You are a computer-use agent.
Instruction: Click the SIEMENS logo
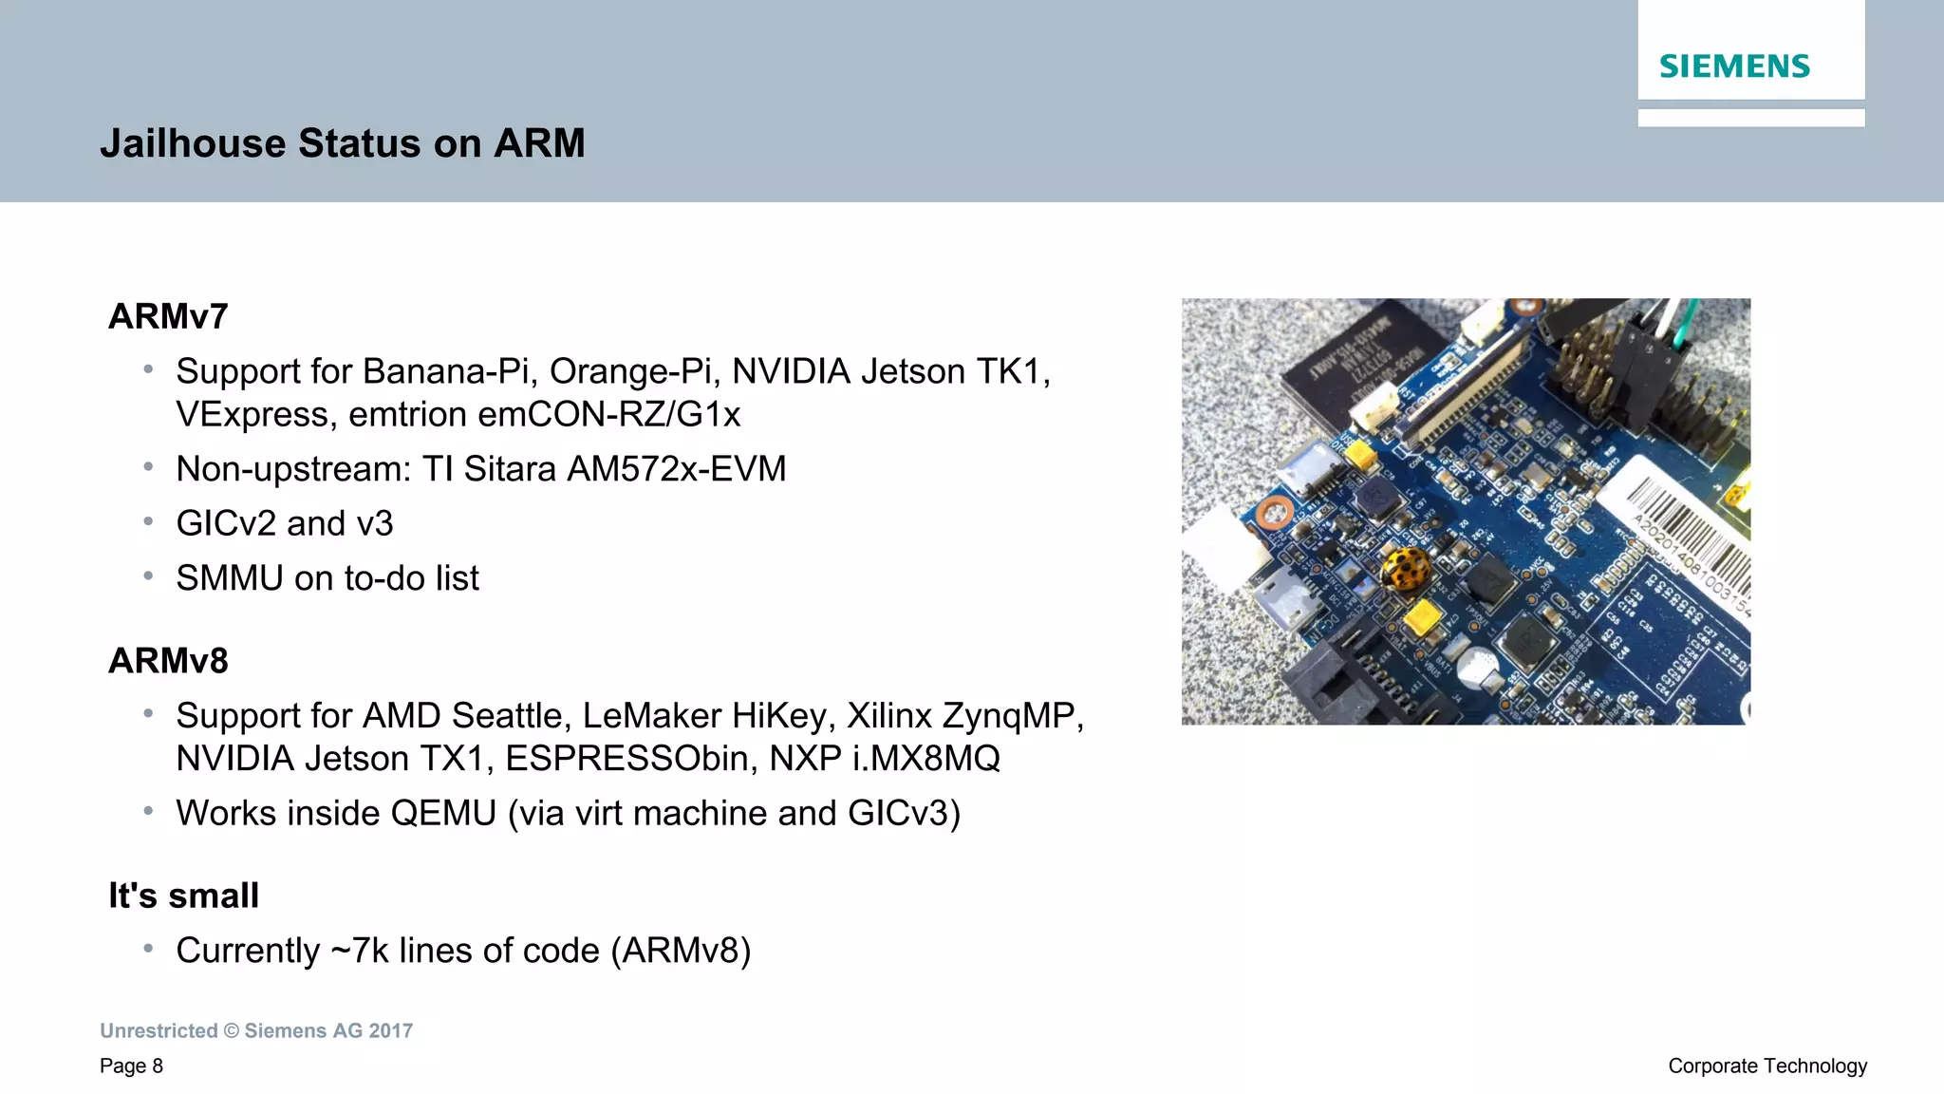click(x=1734, y=66)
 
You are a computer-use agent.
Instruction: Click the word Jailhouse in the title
click(x=193, y=143)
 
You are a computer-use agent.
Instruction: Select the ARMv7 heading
click(x=168, y=316)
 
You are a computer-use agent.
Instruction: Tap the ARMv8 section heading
click(x=168, y=661)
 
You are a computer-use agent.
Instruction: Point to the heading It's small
click(x=183, y=896)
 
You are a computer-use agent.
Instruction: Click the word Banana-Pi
click(x=450, y=371)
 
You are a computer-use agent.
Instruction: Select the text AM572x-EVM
click(x=676, y=469)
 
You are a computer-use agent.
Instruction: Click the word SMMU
click(x=229, y=578)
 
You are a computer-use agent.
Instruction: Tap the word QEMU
click(x=443, y=814)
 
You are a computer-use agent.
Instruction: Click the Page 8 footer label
click(x=131, y=1066)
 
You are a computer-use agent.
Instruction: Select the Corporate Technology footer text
click(x=1767, y=1066)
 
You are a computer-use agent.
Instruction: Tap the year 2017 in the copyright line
click(x=391, y=1031)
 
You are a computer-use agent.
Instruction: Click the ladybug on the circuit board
click(x=1406, y=568)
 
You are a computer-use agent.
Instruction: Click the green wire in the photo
click(x=1682, y=328)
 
